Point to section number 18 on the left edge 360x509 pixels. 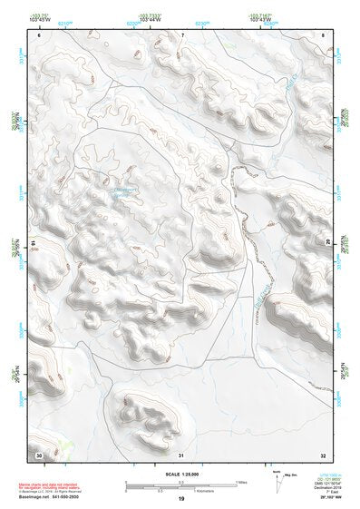[34, 241]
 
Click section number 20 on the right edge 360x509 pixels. [328, 241]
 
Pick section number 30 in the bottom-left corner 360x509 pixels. [38, 453]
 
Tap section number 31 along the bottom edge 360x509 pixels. [181, 453]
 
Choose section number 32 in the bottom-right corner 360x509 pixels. [324, 453]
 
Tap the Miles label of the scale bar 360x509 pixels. [241, 481]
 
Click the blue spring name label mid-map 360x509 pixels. [123, 191]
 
